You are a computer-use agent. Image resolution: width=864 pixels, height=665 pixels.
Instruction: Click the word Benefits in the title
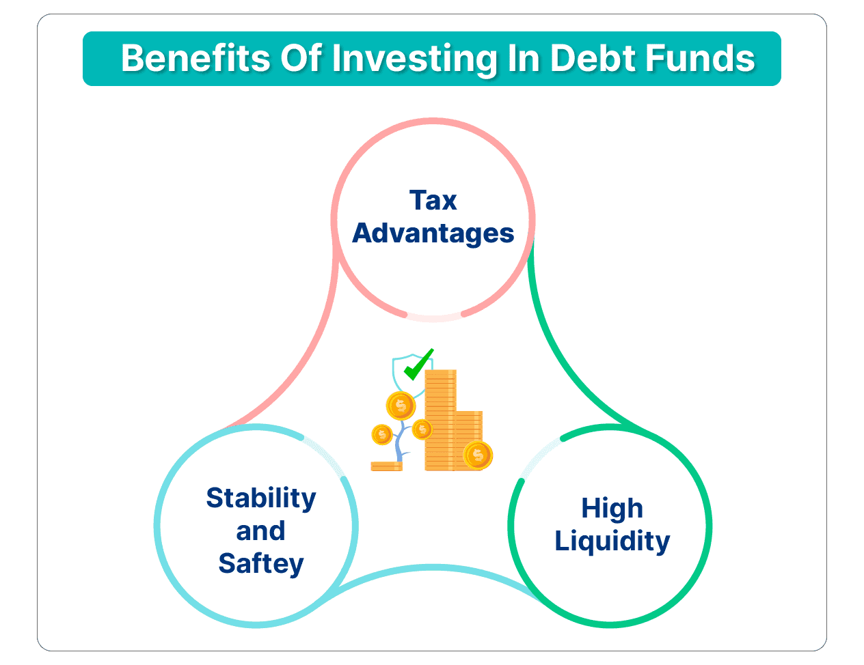[196, 58]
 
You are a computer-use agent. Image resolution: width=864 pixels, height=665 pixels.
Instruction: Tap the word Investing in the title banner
[414, 59]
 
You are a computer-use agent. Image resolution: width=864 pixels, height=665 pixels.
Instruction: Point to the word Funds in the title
[700, 58]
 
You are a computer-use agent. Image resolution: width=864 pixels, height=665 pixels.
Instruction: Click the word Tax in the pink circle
[433, 200]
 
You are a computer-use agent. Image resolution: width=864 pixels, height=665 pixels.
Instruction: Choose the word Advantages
[433, 234]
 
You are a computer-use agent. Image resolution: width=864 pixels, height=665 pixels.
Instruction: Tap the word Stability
[261, 498]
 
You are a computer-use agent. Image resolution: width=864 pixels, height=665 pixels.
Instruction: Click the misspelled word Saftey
[261, 564]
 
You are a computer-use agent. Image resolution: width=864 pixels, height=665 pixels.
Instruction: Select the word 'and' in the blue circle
[261, 530]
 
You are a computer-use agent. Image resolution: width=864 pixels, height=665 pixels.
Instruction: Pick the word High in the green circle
[612, 509]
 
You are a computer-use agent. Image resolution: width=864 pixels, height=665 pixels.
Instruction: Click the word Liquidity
[612, 541]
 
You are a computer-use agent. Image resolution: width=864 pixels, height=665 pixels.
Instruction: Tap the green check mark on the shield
[418, 365]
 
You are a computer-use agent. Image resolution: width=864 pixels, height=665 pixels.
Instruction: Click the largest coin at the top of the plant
[401, 406]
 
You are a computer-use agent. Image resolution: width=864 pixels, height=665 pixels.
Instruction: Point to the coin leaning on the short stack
[478, 455]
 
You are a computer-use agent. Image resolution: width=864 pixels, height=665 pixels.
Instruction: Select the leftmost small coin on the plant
[382, 434]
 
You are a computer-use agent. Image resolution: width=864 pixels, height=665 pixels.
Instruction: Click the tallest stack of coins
[441, 420]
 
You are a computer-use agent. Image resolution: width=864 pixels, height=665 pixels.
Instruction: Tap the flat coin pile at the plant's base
[386, 466]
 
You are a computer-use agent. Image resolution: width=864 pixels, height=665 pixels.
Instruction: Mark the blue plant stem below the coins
[401, 442]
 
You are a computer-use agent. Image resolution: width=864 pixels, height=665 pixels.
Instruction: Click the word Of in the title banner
[301, 58]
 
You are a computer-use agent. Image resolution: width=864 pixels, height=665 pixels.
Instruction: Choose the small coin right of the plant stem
[422, 429]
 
